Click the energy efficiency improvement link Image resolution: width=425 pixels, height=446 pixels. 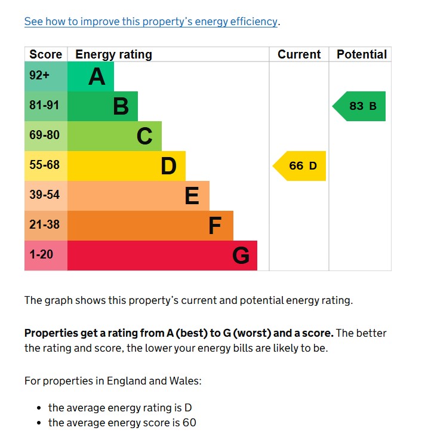coord(151,21)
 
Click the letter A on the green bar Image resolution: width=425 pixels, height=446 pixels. coord(97,76)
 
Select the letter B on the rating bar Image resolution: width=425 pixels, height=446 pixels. coord(121,106)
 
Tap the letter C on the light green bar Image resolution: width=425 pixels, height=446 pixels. coord(144,136)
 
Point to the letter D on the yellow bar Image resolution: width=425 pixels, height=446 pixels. coord(169,166)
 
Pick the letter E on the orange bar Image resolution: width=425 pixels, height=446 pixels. coord(192,196)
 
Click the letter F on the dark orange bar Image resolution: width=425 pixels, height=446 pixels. coord(215,226)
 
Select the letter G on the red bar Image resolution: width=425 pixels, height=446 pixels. coord(241,256)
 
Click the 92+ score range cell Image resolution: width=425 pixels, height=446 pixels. coord(40,76)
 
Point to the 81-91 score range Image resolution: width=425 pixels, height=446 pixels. coord(45,106)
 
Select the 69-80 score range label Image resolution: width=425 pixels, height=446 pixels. coord(45,135)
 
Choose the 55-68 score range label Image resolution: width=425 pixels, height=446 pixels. coord(45,165)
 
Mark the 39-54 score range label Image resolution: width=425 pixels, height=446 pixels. coord(45,195)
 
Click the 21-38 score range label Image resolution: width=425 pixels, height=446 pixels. coord(45,224)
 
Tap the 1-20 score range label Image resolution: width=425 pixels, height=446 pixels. coord(41,254)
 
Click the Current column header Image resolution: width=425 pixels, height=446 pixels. coord(299,54)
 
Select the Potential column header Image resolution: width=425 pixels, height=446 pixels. coord(362,54)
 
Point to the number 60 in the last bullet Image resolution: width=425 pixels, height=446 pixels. coord(189,423)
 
